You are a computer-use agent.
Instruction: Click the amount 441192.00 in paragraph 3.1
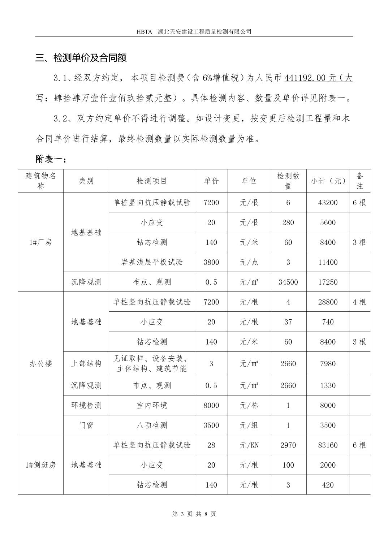[x=306, y=78]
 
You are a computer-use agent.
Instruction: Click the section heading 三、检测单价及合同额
[x=81, y=58]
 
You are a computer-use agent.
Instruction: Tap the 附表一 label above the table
[x=51, y=159]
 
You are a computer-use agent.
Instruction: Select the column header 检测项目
[x=152, y=181]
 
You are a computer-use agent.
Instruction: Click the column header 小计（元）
[x=328, y=181]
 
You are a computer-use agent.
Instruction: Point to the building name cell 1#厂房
[x=40, y=242]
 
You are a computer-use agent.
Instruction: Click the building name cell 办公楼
[x=40, y=363]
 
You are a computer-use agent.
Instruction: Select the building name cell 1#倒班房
[x=40, y=465]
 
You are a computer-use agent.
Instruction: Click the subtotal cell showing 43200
[x=328, y=202]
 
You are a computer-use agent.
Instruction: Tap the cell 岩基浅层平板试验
[x=152, y=262]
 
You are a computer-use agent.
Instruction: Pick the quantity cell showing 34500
[x=288, y=282]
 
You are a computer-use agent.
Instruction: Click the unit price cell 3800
[x=211, y=262]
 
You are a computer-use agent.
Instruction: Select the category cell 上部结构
[x=86, y=363]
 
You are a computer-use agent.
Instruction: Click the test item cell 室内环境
[x=152, y=405]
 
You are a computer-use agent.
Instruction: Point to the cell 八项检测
[x=152, y=425]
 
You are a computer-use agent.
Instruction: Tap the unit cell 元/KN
[x=249, y=445]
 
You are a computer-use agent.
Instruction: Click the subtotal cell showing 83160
[x=328, y=445]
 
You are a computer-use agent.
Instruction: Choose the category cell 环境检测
[x=86, y=405]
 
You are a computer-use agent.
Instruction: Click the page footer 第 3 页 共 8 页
[x=194, y=514]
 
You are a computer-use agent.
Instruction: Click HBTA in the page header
[x=144, y=31]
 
